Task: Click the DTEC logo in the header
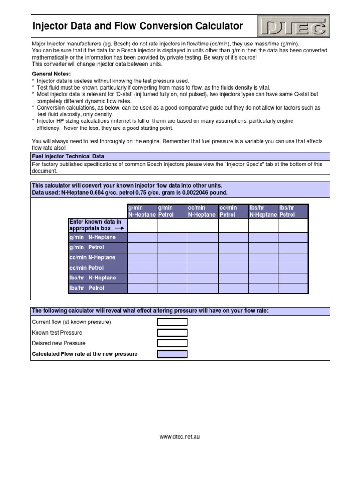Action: [x=293, y=26]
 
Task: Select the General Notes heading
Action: [x=51, y=74]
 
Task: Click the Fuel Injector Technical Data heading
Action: [x=67, y=156]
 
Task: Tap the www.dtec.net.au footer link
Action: [x=180, y=437]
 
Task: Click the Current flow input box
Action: [x=172, y=322]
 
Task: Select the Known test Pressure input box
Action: [x=172, y=333]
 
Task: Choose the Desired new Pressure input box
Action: [x=172, y=343]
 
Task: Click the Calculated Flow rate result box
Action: [x=172, y=354]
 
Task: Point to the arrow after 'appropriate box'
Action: [x=119, y=228]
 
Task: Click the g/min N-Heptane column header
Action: [x=142, y=211]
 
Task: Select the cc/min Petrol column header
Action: [x=233, y=211]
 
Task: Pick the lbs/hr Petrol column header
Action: [x=293, y=211]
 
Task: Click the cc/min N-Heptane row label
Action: [x=92, y=257]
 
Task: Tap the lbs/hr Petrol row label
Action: [x=87, y=288]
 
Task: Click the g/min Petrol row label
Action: [x=87, y=247]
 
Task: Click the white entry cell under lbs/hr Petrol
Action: [x=293, y=225]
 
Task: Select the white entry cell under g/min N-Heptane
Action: [x=142, y=225]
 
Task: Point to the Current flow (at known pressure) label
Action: [x=71, y=322]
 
